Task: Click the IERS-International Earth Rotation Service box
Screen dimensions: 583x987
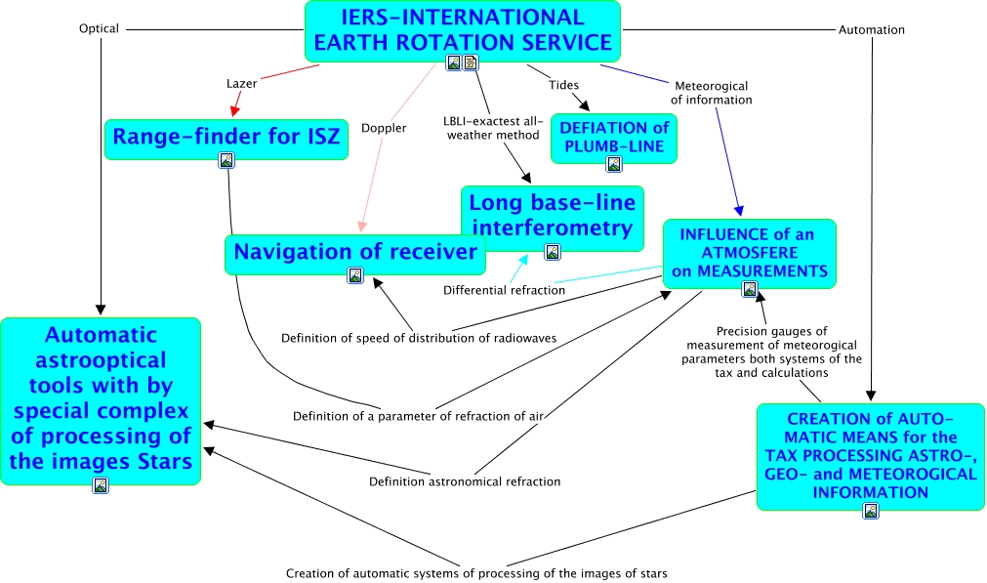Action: (463, 29)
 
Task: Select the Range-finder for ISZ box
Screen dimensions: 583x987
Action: (226, 138)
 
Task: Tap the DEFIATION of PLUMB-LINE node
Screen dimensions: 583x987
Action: (613, 137)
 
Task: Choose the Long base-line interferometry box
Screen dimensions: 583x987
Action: (552, 215)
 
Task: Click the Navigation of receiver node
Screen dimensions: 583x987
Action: (355, 252)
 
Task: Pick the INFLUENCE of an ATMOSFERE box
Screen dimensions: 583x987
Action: (749, 252)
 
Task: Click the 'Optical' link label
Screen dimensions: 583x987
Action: (99, 29)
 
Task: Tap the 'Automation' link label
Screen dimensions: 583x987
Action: (872, 30)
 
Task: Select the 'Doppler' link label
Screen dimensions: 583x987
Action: (384, 128)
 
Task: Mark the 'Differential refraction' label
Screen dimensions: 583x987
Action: (504, 290)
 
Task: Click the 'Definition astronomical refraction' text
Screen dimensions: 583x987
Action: (465, 481)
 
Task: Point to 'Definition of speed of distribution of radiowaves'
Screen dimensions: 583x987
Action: (419, 338)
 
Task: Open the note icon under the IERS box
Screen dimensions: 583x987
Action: (471, 63)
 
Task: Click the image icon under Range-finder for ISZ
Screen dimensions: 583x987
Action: (226, 160)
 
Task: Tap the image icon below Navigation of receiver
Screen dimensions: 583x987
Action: (355, 275)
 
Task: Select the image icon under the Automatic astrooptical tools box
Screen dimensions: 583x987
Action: (101, 485)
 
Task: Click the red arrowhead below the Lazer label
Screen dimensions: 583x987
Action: (234, 110)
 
